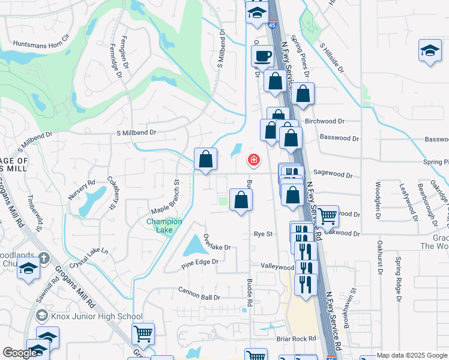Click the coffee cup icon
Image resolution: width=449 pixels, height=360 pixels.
tap(262, 56)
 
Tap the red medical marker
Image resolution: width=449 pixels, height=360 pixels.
tap(254, 160)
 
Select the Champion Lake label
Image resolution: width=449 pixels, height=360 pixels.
tap(164, 226)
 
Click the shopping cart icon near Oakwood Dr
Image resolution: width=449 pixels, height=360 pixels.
tap(327, 215)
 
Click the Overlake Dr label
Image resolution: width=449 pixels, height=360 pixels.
tap(217, 242)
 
